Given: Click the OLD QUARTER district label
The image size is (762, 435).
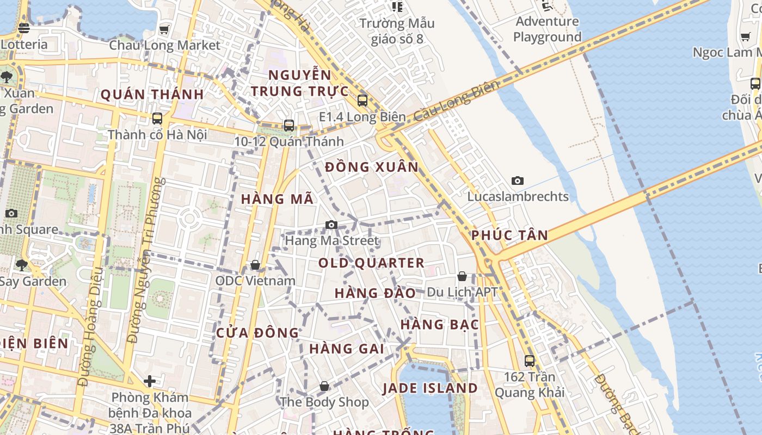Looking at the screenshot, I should point(371,263).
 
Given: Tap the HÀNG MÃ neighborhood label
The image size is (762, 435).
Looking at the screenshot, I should point(277,199).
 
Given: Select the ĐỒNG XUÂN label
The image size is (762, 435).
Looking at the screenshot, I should point(372,167).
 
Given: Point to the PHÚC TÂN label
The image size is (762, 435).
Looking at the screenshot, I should point(509,235).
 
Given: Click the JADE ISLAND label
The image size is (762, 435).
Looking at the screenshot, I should point(430,388).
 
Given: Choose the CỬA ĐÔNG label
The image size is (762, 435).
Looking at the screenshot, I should point(257,333).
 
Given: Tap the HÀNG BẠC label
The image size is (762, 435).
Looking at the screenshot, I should point(440,325).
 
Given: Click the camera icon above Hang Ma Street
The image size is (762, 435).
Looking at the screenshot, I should point(331,225).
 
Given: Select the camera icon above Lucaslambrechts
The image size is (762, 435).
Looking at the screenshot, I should point(518,181).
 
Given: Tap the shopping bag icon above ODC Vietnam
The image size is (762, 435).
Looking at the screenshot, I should point(255,265).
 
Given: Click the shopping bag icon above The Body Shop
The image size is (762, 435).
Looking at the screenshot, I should point(324,386).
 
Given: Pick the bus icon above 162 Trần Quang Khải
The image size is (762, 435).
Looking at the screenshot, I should point(530,361).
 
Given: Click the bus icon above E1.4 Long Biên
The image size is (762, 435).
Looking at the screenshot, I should point(362,101).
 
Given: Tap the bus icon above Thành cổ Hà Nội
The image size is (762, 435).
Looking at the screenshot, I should point(157,118).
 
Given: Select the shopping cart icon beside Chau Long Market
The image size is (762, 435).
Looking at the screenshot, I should point(164,29).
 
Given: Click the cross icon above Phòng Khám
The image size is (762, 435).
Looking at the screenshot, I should point(150,381).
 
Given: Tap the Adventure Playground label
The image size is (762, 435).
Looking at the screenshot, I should point(548,29).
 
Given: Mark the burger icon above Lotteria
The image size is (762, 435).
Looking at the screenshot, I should point(23,28).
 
